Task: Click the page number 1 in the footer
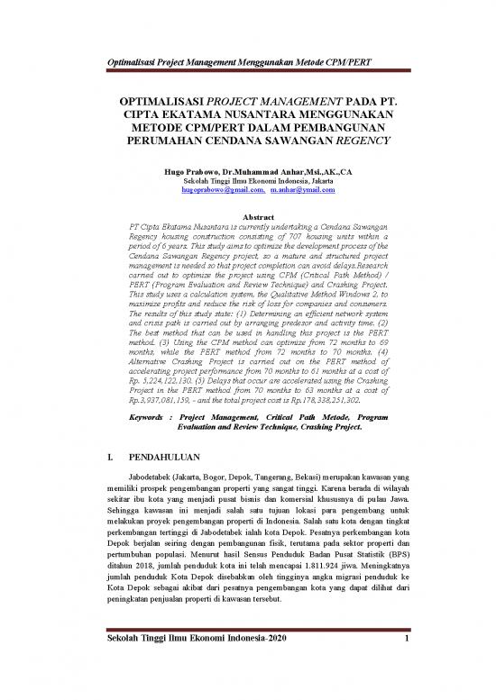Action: (x=408, y=666)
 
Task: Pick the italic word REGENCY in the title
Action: (x=337, y=141)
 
